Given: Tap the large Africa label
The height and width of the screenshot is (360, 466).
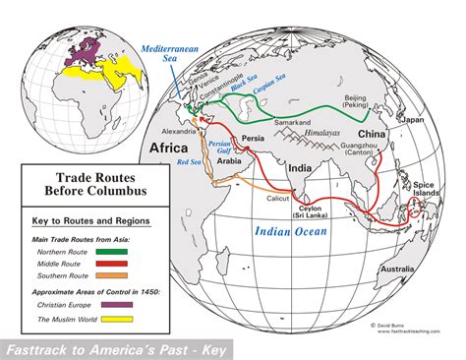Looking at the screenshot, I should [x=166, y=147].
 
